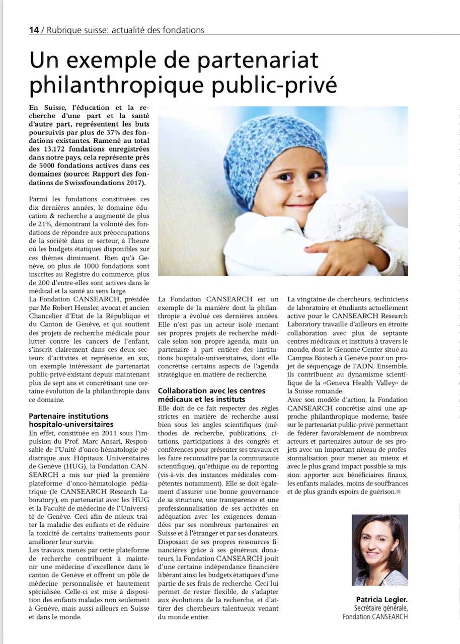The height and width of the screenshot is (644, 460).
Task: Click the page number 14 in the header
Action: coord(34,30)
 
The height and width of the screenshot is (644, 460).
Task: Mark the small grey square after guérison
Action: coord(398,491)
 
